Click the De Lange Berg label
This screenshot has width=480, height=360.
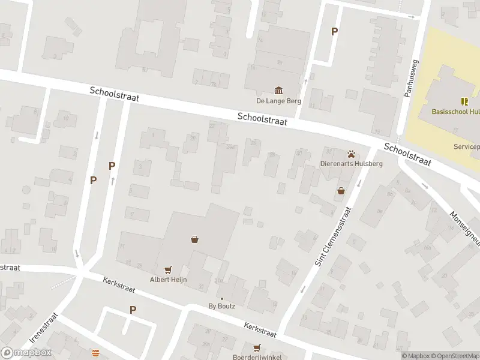pyautogui.click(x=279, y=101)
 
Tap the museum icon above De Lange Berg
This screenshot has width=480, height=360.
pyautogui.click(x=279, y=91)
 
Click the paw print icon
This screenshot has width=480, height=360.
pyautogui.click(x=350, y=154)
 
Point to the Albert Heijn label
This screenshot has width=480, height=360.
pyautogui.click(x=168, y=280)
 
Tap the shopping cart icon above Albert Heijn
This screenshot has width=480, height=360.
pyautogui.click(x=168, y=269)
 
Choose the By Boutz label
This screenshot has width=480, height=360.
pyautogui.click(x=221, y=306)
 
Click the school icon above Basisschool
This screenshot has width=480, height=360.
pyautogui.click(x=464, y=101)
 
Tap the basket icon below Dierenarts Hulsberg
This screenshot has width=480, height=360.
pyautogui.click(x=341, y=191)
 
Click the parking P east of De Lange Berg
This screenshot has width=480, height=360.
pyautogui.click(x=334, y=32)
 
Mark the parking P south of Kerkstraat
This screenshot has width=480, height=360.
pyautogui.click(x=133, y=310)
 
